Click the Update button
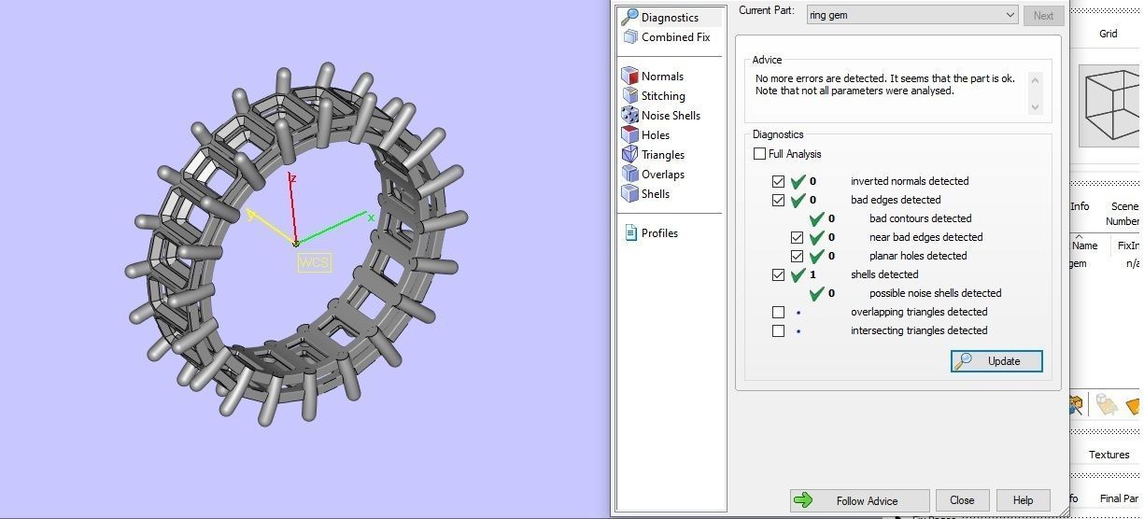(996, 361)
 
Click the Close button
(962, 500)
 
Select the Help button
(1023, 500)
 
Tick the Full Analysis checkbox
(760, 154)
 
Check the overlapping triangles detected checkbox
(779, 312)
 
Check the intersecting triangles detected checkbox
(779, 330)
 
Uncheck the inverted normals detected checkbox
(779, 181)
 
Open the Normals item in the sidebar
(662, 77)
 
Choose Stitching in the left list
(663, 96)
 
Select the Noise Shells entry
(671, 116)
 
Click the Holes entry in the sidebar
(656, 135)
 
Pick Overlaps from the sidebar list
(663, 175)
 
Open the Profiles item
(659, 233)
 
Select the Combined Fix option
(675, 37)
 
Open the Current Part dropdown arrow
(1010, 15)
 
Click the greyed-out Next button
(1043, 15)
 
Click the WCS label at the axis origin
(314, 262)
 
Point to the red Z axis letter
(293, 178)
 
